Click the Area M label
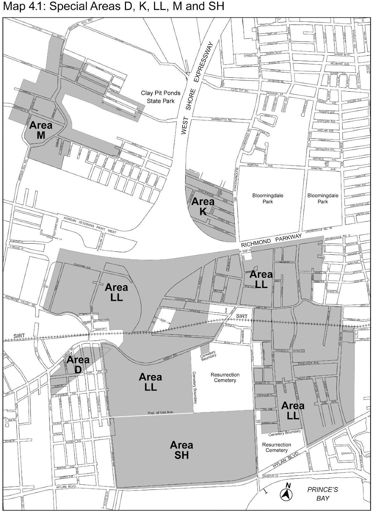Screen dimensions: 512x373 tap(41, 130)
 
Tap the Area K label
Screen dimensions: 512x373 tap(203, 206)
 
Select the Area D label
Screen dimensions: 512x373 tap(78, 364)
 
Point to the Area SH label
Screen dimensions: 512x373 tap(181, 450)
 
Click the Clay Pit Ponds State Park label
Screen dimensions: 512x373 tap(161, 97)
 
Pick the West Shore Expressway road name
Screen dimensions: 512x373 tap(194, 90)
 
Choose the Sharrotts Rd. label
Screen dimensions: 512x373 tap(221, 120)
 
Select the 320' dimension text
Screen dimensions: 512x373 tap(245, 252)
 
